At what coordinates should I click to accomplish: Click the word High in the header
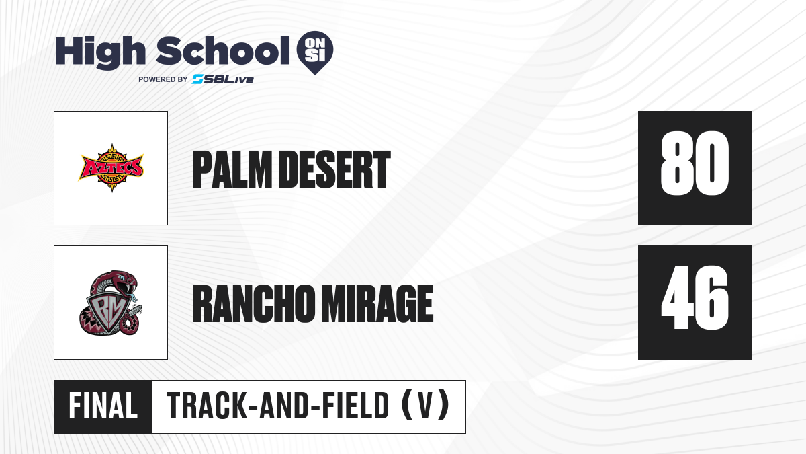[101, 52]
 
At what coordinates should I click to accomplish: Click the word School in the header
[223, 50]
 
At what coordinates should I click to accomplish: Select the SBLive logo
[223, 79]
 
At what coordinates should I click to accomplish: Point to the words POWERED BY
[163, 79]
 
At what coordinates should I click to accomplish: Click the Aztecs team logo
[111, 168]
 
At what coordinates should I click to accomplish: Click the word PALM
[232, 169]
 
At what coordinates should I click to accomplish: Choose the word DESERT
[334, 169]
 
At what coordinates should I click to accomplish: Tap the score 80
[695, 163]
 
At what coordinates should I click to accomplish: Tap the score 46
[695, 297]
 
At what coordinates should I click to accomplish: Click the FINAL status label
[103, 406]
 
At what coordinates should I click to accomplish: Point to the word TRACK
[207, 406]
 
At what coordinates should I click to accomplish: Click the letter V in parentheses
[425, 406]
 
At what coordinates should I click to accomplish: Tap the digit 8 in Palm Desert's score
[678, 163]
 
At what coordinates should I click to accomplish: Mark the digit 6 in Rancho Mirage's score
[713, 297]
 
